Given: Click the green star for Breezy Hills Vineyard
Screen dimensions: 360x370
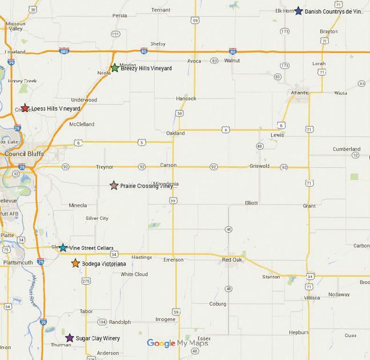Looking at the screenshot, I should [x=114, y=68].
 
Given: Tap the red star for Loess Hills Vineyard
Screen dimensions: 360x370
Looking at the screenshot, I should [x=25, y=108].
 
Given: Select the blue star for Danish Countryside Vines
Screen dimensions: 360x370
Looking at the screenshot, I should [x=298, y=11].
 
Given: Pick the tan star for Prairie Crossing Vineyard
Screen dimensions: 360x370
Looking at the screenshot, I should [x=114, y=185].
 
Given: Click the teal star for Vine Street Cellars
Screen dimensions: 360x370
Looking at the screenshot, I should [x=63, y=248].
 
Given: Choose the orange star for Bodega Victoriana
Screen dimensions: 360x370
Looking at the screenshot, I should [x=75, y=263].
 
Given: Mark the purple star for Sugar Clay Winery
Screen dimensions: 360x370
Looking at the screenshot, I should [x=70, y=338].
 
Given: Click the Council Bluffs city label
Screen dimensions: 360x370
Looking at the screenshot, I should [x=23, y=154].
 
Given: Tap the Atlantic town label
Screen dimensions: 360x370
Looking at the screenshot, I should [x=299, y=92].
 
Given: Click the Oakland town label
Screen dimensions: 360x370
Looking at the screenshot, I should [x=175, y=133].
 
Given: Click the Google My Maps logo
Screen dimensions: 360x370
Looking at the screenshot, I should [x=177, y=343].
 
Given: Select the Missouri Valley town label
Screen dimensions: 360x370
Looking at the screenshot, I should [x=15, y=26].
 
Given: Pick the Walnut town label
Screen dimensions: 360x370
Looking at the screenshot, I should [x=232, y=60].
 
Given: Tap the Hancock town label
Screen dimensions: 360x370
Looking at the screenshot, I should [x=186, y=98].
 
